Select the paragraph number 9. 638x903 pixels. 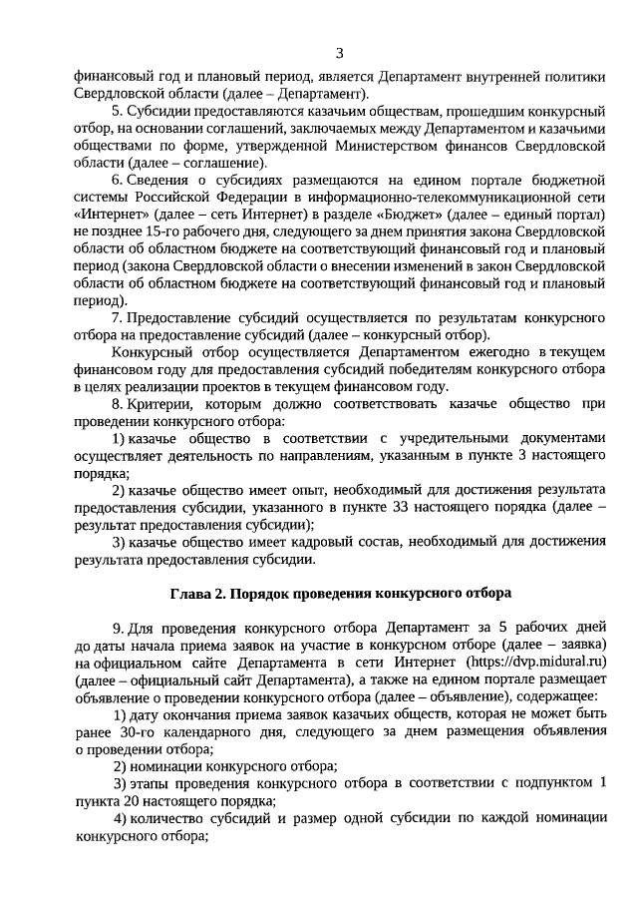pyautogui.click(x=117, y=627)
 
